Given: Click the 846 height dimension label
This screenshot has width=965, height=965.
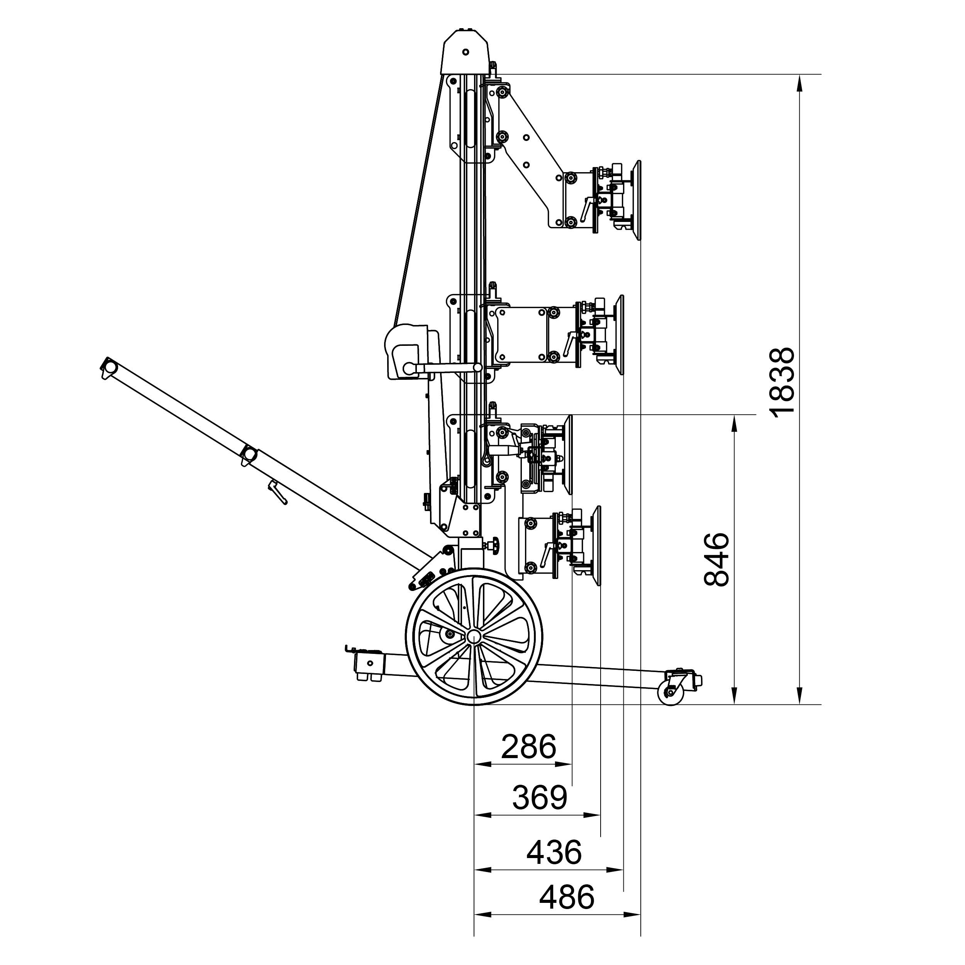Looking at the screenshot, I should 717,559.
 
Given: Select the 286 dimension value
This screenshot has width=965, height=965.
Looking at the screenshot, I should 528,747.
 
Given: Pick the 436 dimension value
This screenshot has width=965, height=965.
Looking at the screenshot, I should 554,853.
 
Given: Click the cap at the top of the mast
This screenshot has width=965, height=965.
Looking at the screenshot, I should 466,52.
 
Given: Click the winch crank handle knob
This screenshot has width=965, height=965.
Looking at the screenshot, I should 409,369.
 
